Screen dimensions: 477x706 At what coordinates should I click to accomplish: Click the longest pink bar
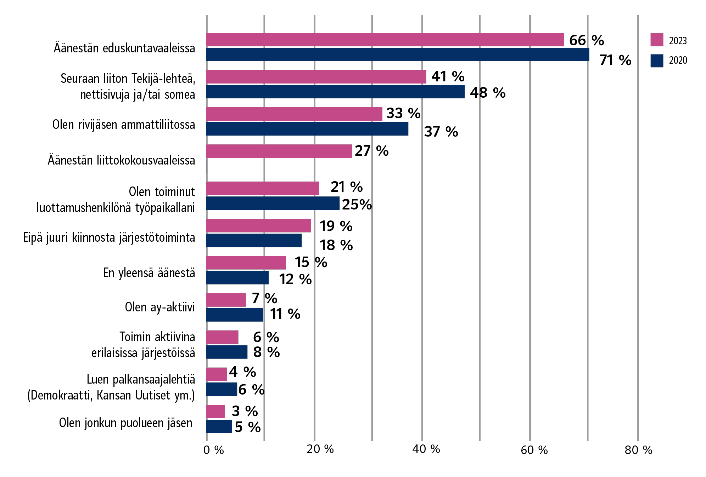385,40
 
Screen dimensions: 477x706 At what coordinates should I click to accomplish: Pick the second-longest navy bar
335,92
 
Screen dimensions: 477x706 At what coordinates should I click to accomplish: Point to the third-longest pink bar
294,114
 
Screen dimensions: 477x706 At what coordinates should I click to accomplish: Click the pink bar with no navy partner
279,151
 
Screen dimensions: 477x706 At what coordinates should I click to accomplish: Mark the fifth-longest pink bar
263,188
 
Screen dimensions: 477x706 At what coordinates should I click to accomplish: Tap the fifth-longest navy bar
254,240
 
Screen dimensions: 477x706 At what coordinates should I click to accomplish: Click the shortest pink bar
215,412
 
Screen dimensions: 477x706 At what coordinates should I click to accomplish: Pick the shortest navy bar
219,426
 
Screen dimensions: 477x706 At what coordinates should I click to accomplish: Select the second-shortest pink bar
217,374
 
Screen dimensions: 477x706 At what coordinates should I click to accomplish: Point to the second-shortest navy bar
222,389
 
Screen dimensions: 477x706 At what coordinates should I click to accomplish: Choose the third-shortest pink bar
222,337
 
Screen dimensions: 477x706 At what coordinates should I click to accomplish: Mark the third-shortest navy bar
227,352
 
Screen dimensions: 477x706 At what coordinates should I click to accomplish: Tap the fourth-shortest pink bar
226,300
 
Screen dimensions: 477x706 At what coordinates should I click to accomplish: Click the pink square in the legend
657,40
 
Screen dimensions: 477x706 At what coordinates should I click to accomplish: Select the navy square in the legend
657,61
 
